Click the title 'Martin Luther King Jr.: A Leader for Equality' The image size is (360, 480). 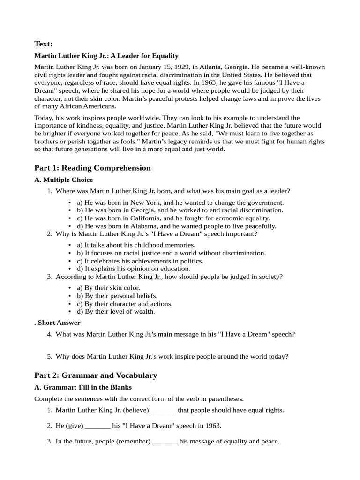(106, 56)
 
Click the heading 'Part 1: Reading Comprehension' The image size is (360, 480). (92, 168)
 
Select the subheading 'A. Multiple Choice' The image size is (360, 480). (64, 180)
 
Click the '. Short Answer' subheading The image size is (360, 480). (57, 322)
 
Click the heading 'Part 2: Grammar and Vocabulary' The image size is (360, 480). (96, 375)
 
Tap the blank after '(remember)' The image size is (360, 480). (165, 442)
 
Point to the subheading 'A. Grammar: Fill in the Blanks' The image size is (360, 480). (83, 387)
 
